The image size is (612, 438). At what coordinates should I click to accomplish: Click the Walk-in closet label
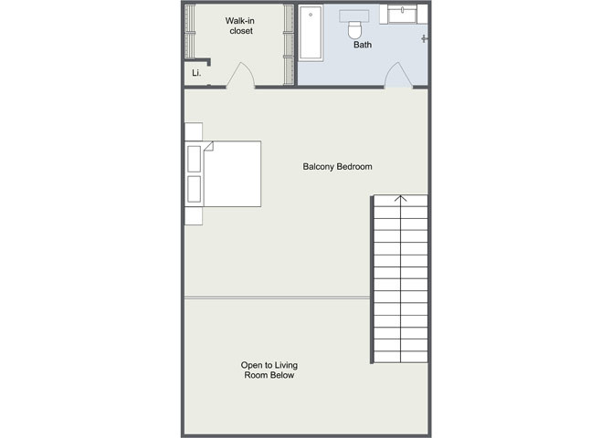(240, 26)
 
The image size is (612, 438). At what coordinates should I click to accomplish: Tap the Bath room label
(363, 45)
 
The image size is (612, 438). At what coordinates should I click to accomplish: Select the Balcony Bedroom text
(338, 167)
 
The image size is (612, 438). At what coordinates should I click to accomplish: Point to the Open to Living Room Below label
(269, 370)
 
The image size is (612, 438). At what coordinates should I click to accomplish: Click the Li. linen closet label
(196, 73)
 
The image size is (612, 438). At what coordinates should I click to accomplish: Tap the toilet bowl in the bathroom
(354, 30)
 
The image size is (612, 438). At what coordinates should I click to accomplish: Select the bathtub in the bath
(311, 33)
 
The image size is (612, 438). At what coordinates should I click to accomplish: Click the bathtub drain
(311, 15)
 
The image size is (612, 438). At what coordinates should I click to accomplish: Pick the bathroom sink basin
(403, 15)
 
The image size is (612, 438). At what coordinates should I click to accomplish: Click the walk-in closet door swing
(241, 75)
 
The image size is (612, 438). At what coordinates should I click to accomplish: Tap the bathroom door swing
(398, 75)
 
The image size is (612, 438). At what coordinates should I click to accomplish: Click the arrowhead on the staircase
(400, 199)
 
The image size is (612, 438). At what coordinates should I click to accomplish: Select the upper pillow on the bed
(195, 159)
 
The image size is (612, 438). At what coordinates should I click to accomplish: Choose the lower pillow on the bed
(195, 189)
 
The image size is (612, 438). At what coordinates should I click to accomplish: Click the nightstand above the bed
(194, 131)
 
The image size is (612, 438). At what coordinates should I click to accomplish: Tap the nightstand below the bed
(194, 215)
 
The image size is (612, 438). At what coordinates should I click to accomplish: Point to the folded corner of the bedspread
(209, 146)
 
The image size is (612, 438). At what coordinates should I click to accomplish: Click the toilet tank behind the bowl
(354, 16)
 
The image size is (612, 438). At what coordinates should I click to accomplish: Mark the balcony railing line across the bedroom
(277, 298)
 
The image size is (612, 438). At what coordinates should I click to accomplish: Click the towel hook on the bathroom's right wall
(425, 38)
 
